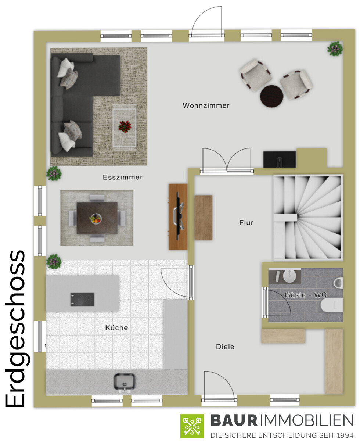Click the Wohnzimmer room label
point(206,105)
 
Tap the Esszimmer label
point(123,178)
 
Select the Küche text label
point(116,327)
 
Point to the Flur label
point(246,222)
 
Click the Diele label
point(225,347)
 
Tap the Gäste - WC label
point(305,295)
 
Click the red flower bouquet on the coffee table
point(125,126)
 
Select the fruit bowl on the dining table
point(96,219)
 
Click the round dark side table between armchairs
point(271,96)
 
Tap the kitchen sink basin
point(125,382)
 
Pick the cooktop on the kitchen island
point(82,300)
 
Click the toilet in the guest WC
point(332,305)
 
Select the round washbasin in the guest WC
point(290,276)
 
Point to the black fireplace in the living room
point(279,159)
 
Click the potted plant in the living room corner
point(335,49)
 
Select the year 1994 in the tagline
point(345,435)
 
